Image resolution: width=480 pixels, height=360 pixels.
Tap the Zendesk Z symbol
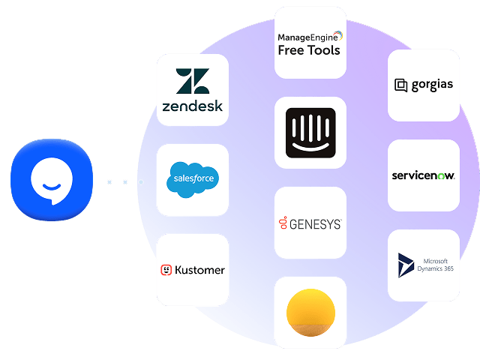(193, 82)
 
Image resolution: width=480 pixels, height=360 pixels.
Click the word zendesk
(193, 106)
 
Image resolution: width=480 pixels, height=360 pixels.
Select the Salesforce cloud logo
(193, 178)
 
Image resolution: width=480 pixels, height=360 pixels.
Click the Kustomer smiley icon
(166, 270)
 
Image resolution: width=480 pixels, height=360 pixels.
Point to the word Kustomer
(199, 270)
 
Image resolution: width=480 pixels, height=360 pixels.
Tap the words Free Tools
(309, 50)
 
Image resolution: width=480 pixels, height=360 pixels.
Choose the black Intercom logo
(310, 127)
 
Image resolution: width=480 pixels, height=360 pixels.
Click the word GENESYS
(315, 224)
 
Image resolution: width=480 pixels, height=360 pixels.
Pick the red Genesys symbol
(283, 223)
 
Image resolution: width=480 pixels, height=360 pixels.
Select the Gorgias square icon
(400, 85)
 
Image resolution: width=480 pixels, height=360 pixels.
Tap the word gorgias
(432, 85)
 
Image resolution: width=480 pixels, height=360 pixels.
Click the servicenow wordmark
(423, 176)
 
